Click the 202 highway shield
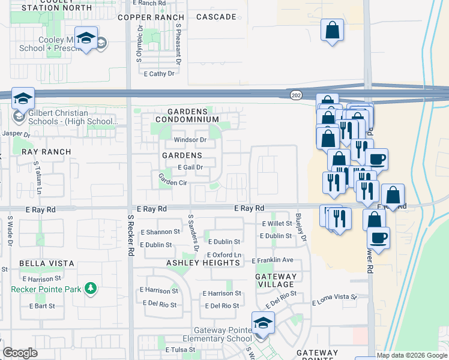tap(296, 95)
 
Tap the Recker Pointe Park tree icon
tap(91, 289)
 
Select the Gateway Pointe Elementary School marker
tap(262, 322)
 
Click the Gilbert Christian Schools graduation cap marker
tap(23, 98)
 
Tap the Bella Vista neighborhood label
tap(47, 263)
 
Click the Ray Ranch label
tap(46, 152)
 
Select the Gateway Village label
tap(275, 280)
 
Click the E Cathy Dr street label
tap(159, 74)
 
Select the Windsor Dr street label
tap(190, 140)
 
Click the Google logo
tap(20, 353)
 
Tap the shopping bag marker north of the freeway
tap(332, 29)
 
